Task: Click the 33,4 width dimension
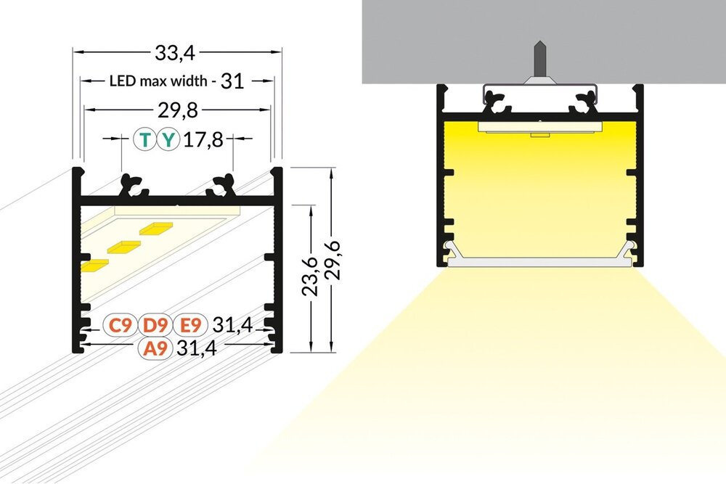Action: tap(176, 52)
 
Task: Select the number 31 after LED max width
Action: tap(231, 81)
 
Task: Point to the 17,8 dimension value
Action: tap(203, 139)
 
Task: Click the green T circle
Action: tap(147, 139)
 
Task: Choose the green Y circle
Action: tap(169, 139)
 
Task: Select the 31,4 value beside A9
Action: tap(194, 348)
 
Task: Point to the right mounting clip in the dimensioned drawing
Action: tap(221, 186)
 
